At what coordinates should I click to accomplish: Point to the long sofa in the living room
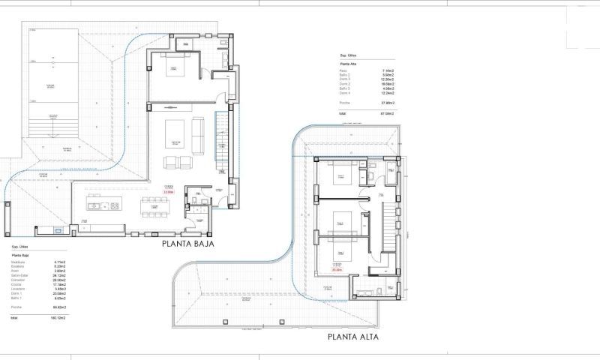199,130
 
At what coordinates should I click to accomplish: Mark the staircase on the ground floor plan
220,139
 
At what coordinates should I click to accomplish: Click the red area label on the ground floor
169,193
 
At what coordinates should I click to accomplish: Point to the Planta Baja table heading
21,255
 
